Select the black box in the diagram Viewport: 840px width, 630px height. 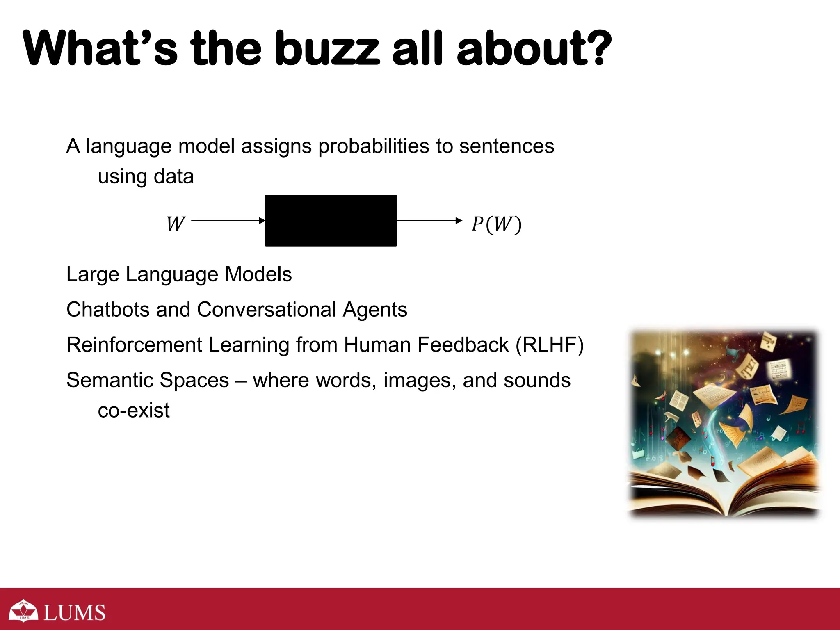[331, 221]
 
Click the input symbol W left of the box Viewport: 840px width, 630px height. [176, 224]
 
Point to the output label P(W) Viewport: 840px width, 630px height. [496, 224]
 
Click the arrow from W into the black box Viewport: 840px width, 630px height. [228, 221]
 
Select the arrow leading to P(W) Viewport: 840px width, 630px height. [429, 221]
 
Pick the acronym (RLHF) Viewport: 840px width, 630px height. [549, 345]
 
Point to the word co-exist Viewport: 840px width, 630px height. [134, 410]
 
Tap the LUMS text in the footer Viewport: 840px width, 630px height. [74, 612]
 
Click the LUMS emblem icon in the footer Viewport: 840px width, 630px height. [23, 611]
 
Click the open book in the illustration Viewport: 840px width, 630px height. [724, 488]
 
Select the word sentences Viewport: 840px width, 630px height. [507, 146]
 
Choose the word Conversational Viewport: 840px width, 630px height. [267, 309]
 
